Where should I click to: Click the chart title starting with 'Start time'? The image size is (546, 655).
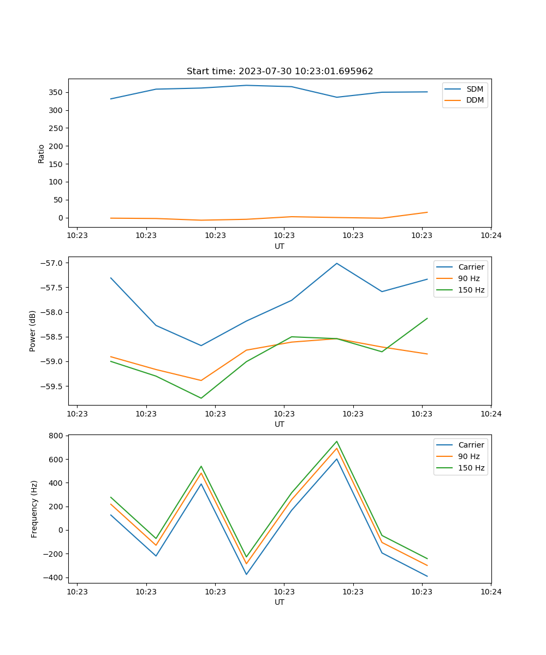pos(280,72)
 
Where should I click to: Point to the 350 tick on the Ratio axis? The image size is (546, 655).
pos(56,92)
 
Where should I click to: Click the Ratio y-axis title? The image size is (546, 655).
pos(41,153)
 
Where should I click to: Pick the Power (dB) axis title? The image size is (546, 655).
pos(33,331)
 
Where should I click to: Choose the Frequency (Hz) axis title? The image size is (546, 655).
pos(34,509)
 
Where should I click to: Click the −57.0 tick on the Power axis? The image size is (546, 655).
pos(52,263)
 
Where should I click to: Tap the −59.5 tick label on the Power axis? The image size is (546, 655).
pos(52,386)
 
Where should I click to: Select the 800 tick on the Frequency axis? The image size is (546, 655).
pos(56,436)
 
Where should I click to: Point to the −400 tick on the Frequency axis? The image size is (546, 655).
pos(54,577)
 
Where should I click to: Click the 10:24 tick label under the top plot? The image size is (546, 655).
pos(491,236)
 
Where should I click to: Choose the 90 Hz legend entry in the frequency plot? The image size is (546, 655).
pos(469,456)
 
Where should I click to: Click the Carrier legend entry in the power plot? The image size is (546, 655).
pos(471,267)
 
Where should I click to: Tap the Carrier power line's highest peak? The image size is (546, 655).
pos(337,263)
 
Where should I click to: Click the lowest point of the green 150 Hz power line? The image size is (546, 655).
pos(201,398)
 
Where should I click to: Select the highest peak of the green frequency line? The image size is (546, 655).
pos(337,441)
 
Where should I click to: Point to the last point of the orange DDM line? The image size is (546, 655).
pos(427,212)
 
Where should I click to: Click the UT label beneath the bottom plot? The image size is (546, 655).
pos(280,602)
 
